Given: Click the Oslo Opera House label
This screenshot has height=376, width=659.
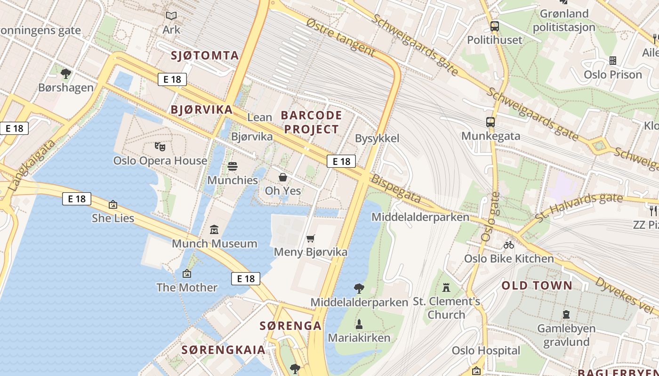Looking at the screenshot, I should (160, 161).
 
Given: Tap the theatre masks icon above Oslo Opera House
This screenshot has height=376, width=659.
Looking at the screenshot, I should (160, 147).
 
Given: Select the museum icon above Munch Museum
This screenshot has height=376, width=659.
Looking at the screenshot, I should (215, 230).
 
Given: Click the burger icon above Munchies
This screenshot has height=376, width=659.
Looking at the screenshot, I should (233, 166).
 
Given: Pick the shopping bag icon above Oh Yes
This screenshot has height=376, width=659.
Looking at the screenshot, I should (283, 177).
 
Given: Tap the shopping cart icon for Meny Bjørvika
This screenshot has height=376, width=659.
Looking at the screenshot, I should (310, 239).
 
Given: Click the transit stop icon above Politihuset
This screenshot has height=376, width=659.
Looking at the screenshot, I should (494, 26).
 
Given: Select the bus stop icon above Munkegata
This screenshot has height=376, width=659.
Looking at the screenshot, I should (490, 122).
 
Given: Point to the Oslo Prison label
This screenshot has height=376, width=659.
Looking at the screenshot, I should (613, 75).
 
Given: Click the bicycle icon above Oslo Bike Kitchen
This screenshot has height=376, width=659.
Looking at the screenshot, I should (509, 245).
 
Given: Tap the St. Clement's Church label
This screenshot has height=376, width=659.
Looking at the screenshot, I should (446, 308).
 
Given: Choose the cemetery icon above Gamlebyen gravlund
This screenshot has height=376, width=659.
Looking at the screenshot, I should (566, 314).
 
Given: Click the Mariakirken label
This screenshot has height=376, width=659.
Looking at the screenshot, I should (359, 337).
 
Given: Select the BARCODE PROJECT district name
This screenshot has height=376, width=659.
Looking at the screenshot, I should (311, 122).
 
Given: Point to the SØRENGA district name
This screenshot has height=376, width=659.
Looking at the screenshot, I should (290, 326).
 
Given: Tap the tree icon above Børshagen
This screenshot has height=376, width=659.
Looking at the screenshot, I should (66, 74).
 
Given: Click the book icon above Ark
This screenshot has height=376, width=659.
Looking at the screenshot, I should (171, 16).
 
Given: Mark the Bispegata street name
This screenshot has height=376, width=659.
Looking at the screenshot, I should (395, 189).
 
